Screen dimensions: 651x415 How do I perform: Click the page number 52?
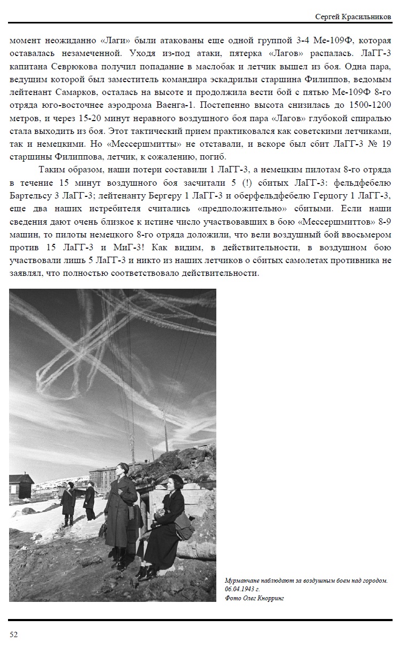(x=14, y=634)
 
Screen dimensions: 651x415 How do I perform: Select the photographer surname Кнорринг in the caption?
(x=269, y=598)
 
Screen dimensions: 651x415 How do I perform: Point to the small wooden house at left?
(x=21, y=486)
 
